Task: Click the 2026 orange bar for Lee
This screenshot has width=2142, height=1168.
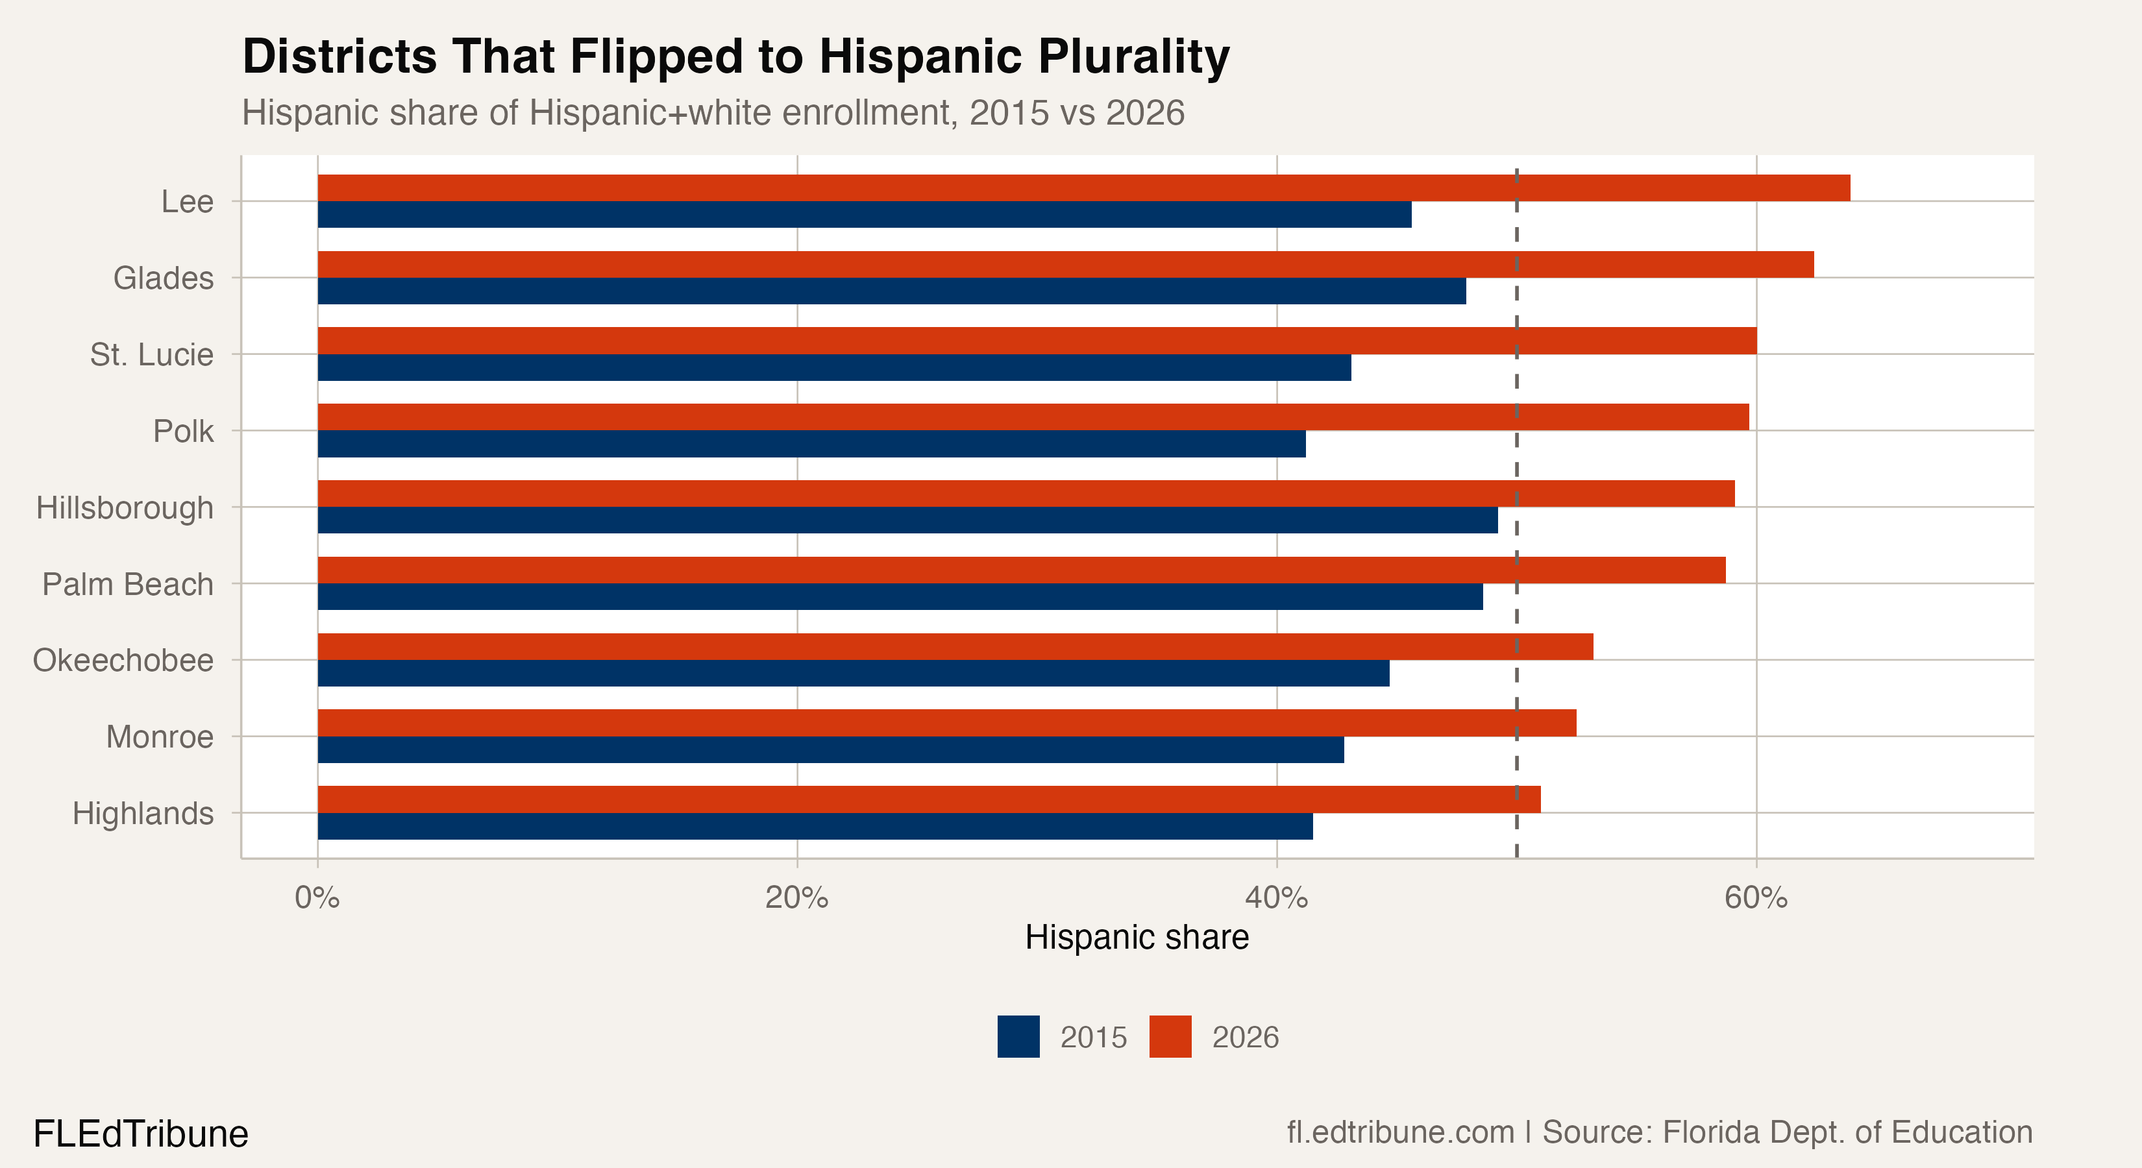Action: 1083,188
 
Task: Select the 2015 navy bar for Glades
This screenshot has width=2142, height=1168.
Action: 891,291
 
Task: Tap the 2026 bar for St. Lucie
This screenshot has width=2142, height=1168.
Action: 1037,341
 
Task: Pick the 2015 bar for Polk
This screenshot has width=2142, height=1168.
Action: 811,444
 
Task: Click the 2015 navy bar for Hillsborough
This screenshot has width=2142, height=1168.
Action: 907,520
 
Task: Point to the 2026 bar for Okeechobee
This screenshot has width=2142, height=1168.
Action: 955,647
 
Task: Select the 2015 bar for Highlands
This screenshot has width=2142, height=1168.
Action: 815,826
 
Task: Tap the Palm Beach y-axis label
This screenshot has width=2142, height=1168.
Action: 128,585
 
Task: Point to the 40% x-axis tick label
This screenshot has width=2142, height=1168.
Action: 1276,899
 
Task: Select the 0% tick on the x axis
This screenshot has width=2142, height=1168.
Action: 317,899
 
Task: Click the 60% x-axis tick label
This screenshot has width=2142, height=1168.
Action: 1755,899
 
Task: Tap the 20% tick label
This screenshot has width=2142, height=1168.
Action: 796,899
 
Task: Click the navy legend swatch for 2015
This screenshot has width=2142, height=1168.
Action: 1018,1037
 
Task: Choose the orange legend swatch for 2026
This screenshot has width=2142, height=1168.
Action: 1170,1037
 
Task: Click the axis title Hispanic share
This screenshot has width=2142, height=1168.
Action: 1137,938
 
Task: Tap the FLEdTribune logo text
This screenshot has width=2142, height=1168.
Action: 140,1134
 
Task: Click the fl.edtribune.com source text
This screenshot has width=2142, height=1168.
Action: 1400,1132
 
